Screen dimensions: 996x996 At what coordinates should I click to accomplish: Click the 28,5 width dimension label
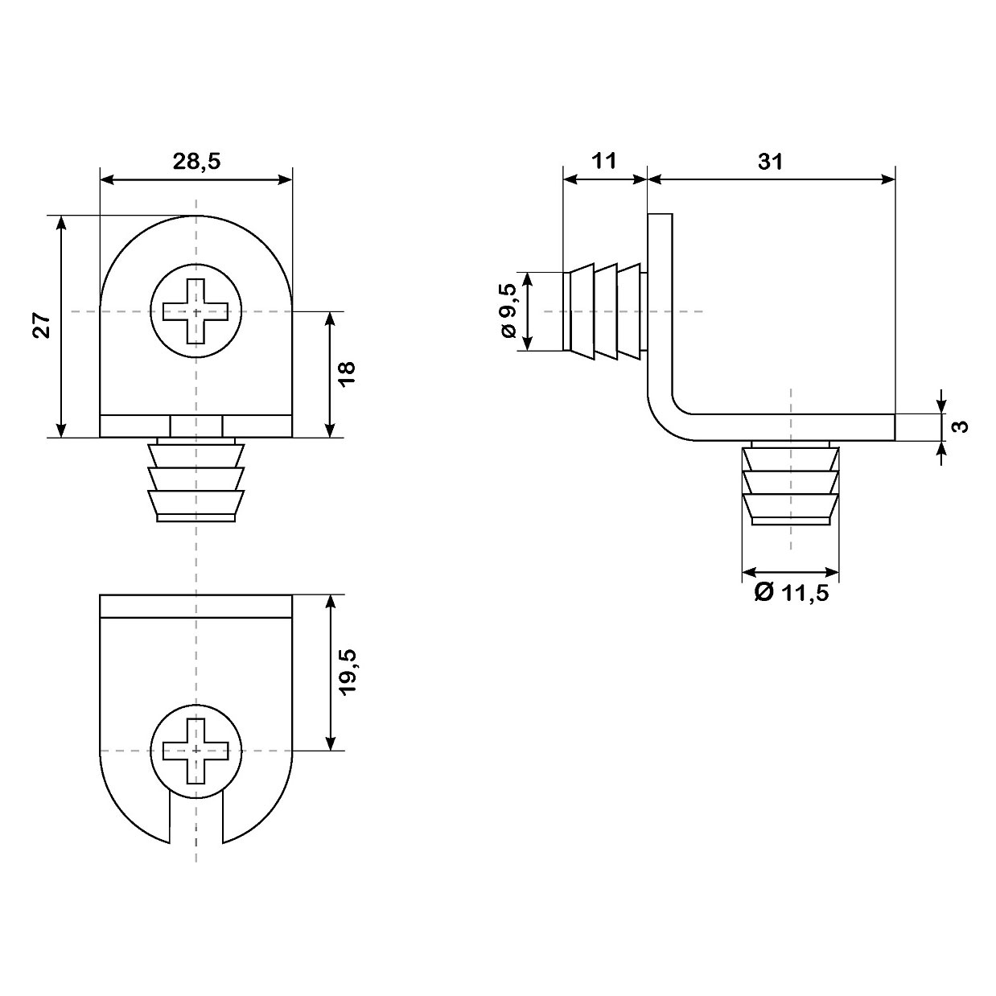point(196,162)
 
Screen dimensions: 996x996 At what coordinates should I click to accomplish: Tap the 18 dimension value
point(348,372)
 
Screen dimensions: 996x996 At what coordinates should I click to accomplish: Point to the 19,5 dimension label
point(348,672)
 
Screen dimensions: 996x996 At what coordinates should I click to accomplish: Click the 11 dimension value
point(603,161)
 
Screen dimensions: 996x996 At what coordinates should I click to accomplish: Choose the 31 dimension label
point(770,162)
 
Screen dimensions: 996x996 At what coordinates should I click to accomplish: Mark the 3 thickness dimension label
point(961,427)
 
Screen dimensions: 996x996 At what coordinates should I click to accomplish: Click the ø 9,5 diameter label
point(508,311)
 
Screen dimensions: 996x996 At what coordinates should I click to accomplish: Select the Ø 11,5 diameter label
point(792,592)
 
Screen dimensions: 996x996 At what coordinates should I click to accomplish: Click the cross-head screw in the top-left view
point(195,311)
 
